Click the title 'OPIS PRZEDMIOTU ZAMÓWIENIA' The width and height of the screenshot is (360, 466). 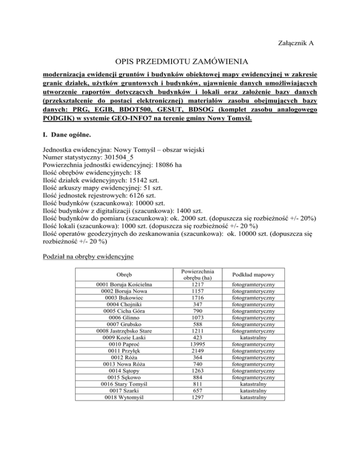click(180, 61)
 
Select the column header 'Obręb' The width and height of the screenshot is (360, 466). click(124, 274)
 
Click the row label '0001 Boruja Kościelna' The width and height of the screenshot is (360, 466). click(124, 285)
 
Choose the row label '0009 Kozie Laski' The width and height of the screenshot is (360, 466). click(124, 337)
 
